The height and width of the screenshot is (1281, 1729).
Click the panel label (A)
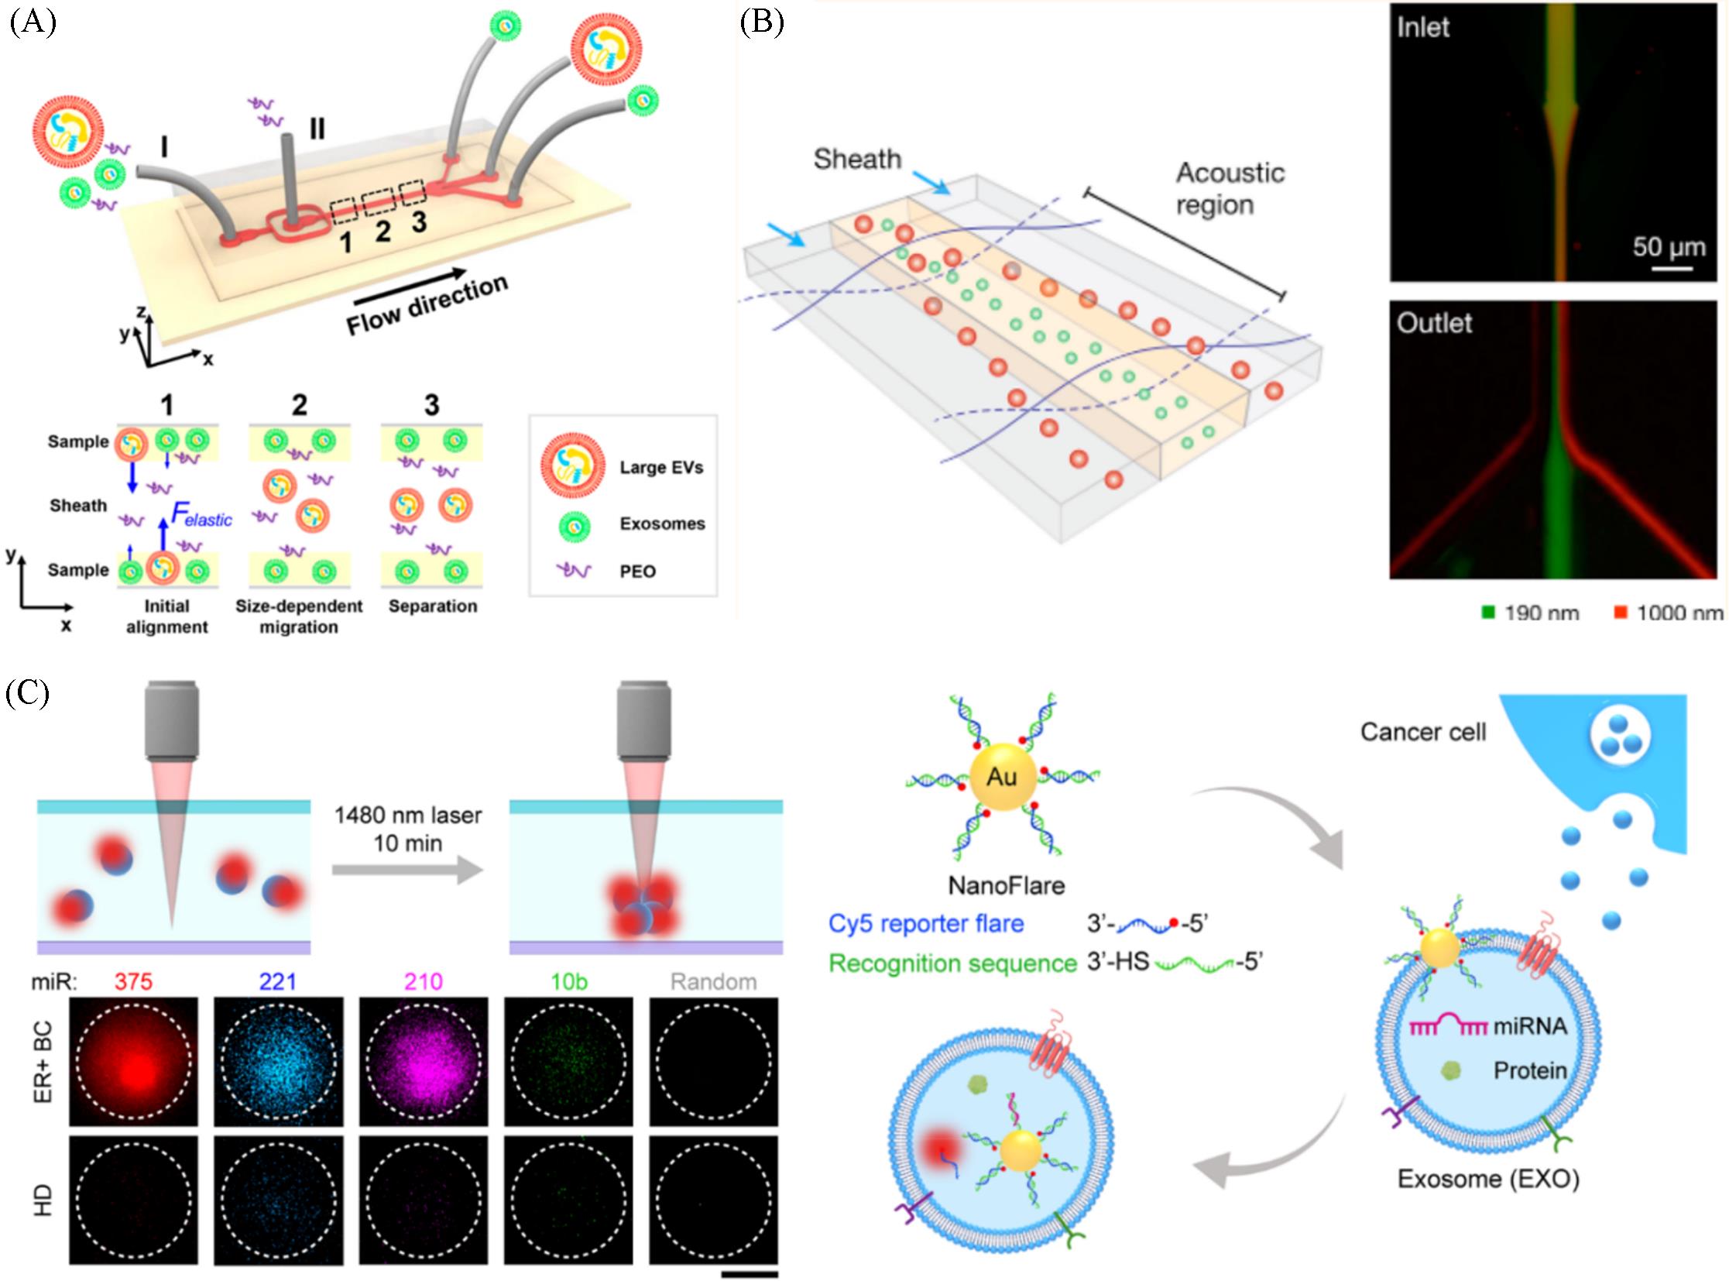coord(33,22)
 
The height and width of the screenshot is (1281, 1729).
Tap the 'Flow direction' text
coord(427,304)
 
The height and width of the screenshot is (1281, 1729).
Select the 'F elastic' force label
coord(201,514)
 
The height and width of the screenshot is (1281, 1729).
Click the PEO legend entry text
coord(637,572)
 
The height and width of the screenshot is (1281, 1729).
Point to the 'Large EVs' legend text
coord(660,468)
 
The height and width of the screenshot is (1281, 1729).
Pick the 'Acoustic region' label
coord(1229,188)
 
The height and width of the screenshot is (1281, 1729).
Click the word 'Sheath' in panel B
coord(856,159)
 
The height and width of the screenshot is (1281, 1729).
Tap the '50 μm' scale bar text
coord(1669,246)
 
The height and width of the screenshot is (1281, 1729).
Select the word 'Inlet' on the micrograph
coord(1422,27)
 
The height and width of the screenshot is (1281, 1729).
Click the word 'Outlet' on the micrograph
coord(1433,323)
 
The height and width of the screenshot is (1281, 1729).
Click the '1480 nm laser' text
coord(408,815)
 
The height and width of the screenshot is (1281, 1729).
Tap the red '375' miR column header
coord(133,982)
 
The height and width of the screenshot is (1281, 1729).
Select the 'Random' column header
coord(713,982)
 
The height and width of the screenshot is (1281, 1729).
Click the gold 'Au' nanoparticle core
coord(1002,776)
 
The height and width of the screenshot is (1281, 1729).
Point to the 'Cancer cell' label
coord(1422,732)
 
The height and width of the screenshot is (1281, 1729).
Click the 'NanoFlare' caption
coord(1006,884)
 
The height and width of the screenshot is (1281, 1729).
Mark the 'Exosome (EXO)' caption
coord(1488,1179)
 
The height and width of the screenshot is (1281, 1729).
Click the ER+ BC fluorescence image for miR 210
coord(424,1062)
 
